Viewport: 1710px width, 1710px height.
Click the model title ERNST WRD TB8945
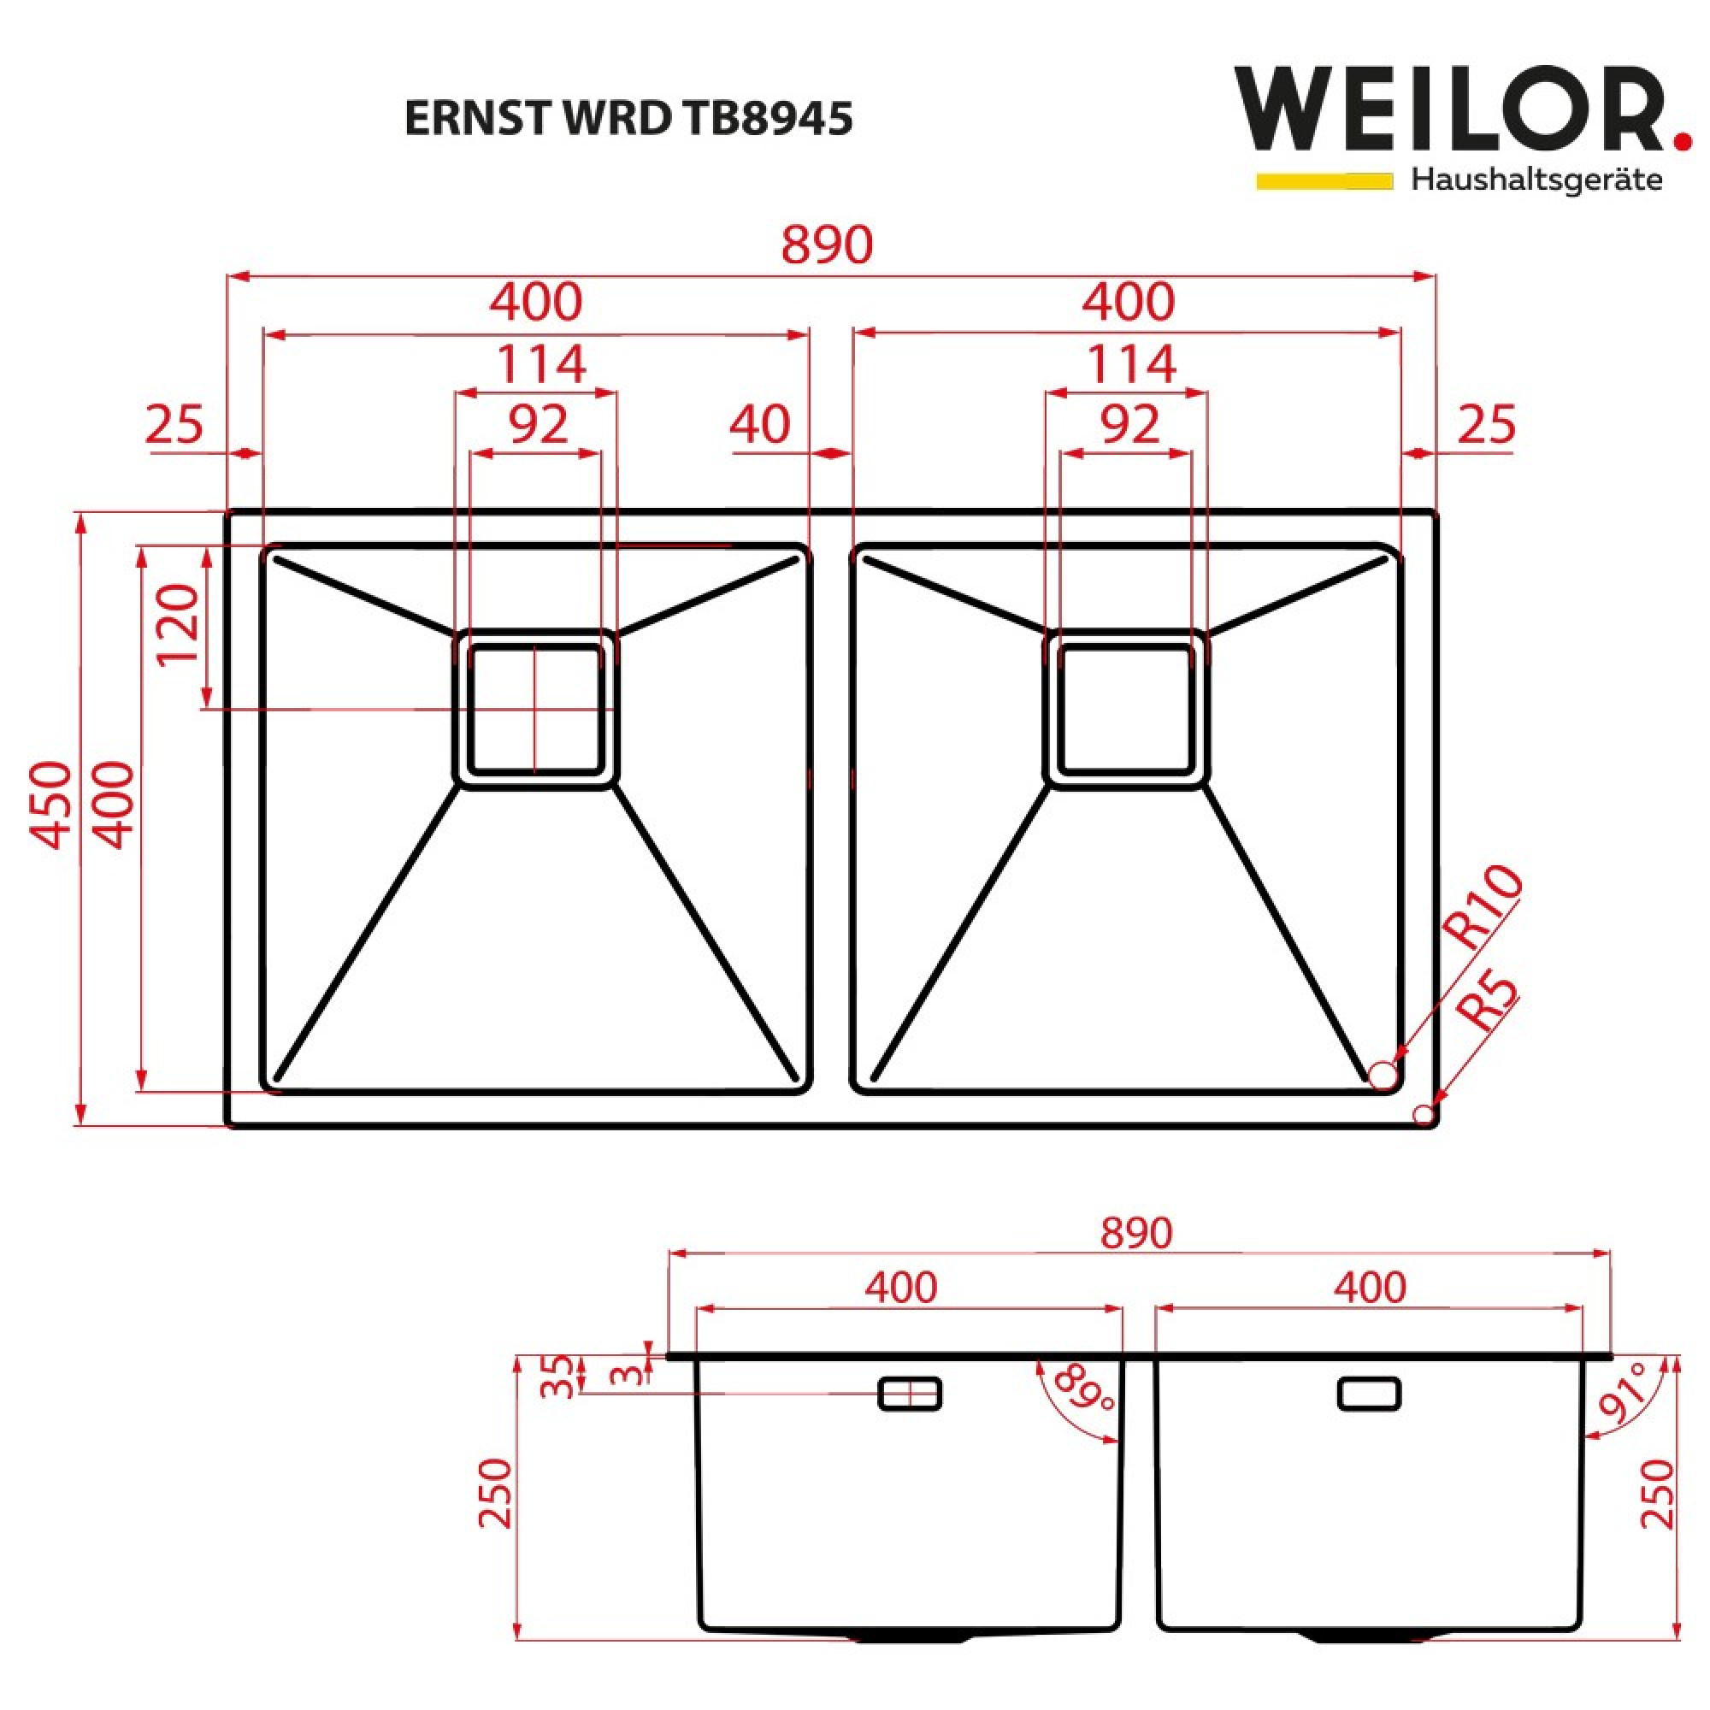pos(628,118)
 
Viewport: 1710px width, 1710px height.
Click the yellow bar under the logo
pos(1325,180)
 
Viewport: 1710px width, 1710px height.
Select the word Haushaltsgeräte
pos(1536,180)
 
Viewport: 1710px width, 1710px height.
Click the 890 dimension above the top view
pos(827,245)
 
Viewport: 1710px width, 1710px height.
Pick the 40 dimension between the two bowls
pos(759,425)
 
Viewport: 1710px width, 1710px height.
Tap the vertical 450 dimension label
pos(50,805)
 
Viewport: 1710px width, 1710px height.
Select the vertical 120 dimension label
pos(177,624)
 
